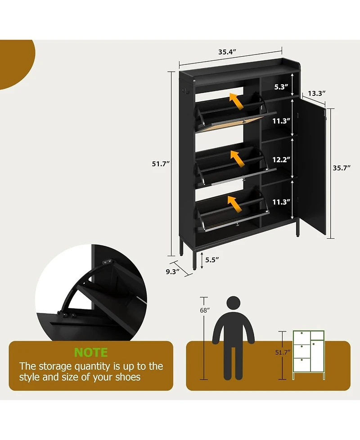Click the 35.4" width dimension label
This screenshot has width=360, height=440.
click(228, 52)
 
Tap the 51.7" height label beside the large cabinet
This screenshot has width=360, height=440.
click(160, 164)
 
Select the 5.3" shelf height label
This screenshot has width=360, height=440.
click(279, 87)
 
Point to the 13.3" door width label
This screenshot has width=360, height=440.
click(317, 94)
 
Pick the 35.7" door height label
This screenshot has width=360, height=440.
click(341, 168)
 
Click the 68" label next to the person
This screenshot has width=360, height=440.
click(205, 310)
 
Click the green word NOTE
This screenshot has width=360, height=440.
click(91, 352)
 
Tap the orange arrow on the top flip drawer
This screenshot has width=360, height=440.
click(237, 102)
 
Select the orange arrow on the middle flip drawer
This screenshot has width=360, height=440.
click(237, 158)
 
